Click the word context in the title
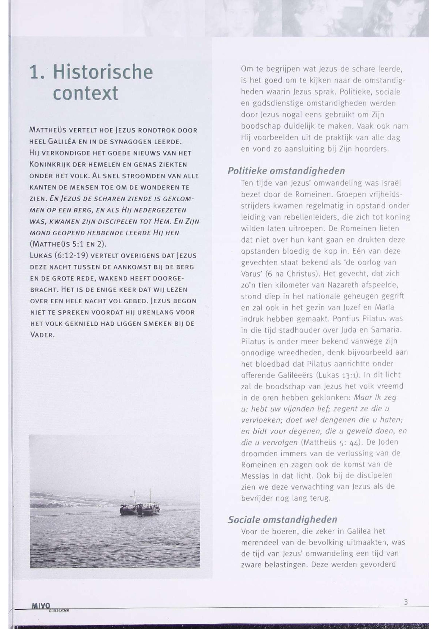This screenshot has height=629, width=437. tap(86, 93)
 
